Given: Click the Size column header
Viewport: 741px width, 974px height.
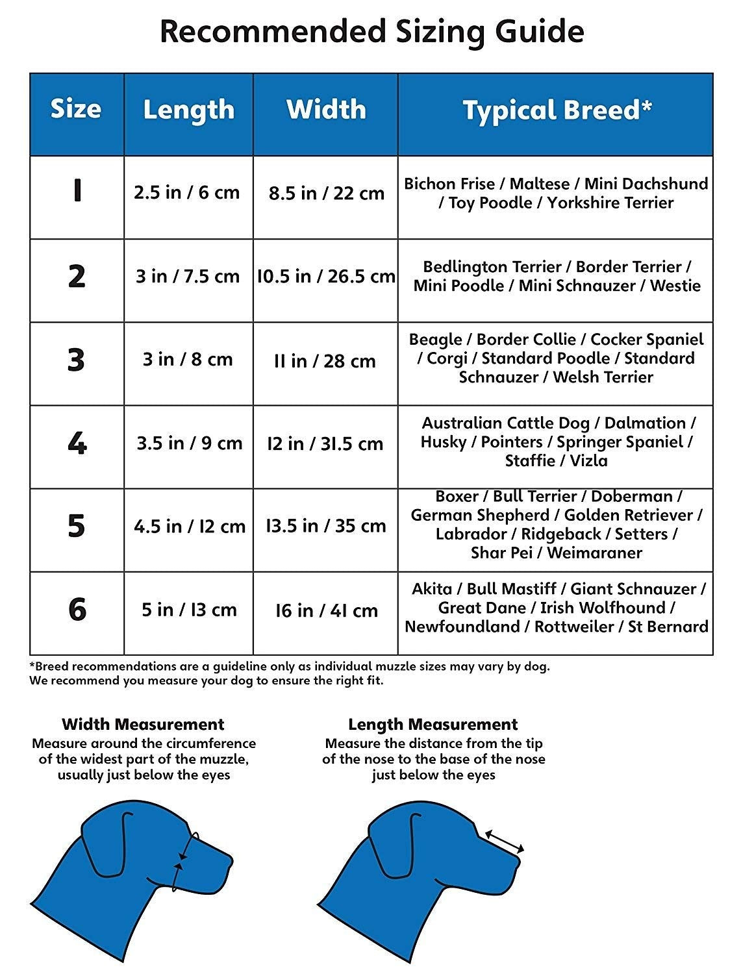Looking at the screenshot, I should point(76,109).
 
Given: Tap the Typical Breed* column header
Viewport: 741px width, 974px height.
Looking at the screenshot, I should point(557,110).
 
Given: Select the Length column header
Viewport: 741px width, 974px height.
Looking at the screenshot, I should point(188,110).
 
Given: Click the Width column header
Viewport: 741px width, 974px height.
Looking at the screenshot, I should point(326,109).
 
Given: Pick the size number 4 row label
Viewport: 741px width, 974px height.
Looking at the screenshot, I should point(77,443).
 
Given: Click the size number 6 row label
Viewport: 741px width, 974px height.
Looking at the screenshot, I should point(77,610).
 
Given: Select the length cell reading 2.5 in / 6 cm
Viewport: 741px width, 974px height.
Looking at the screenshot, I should point(187,193).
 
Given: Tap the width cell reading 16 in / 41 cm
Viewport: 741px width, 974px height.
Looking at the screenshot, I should point(326,610).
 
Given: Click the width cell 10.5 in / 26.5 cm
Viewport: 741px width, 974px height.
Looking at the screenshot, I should point(326,277).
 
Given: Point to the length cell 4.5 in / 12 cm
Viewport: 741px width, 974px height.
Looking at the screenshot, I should point(189,526).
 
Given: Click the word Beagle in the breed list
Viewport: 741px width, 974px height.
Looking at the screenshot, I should point(435,340).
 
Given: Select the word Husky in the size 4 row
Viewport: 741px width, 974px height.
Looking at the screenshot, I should point(444,442).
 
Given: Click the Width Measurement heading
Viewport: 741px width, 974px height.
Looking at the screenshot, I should point(143,724).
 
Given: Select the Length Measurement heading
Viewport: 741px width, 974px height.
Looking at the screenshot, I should point(433,724).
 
